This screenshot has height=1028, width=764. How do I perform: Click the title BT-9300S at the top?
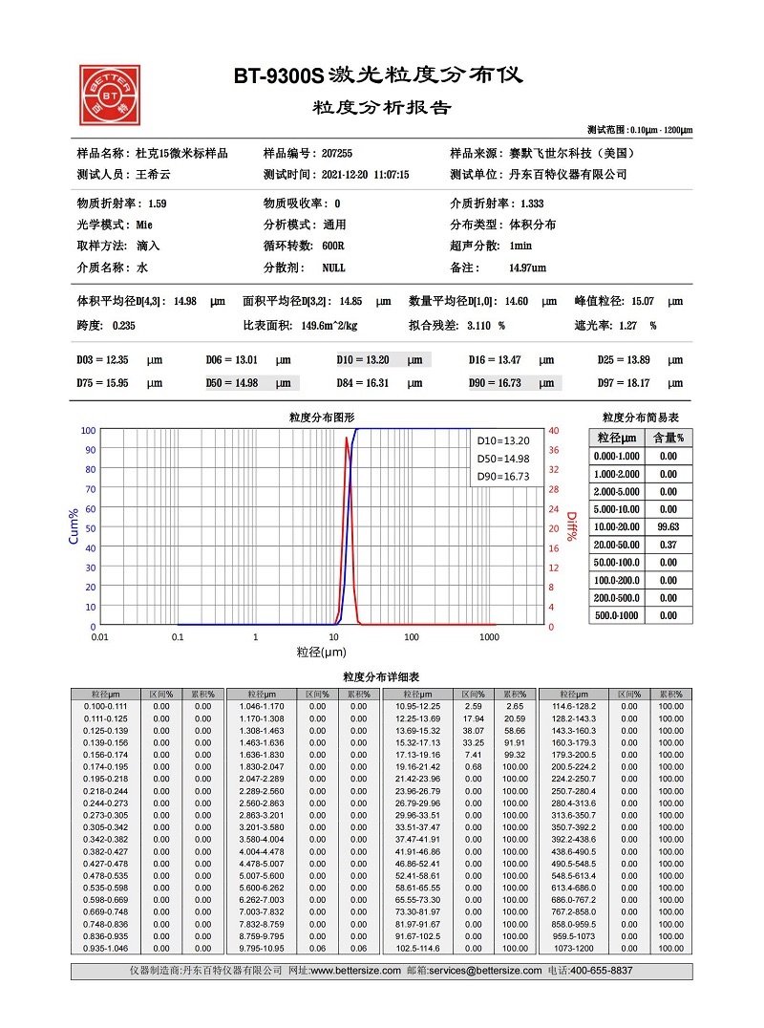point(278,75)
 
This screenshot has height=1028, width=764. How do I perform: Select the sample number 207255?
point(337,153)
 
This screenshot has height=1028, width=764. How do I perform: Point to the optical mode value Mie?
point(144,225)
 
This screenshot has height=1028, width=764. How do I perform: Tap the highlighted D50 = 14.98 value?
point(251,383)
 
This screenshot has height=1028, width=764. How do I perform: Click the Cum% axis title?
point(74,526)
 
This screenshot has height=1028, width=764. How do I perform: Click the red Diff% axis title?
point(572,526)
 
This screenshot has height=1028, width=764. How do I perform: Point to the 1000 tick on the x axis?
point(489,636)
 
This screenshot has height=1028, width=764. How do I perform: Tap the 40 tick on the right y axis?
point(553,430)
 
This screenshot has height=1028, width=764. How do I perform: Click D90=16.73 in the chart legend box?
point(502,476)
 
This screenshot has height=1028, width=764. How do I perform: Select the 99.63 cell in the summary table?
point(668,526)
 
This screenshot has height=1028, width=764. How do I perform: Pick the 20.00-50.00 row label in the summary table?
point(616,545)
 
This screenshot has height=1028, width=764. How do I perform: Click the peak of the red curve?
point(346,438)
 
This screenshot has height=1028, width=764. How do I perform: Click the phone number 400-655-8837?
point(609,970)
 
